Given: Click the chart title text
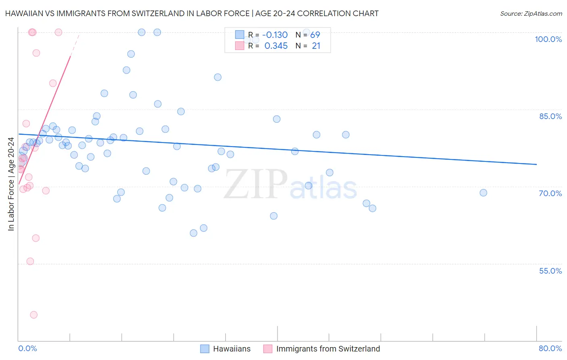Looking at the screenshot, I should [x=192, y=14].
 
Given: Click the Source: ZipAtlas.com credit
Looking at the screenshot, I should [x=531, y=14].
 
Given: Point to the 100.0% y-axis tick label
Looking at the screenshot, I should [x=548, y=39].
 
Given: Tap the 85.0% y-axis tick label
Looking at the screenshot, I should [x=550, y=116].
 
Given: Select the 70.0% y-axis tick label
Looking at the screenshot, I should [x=550, y=193].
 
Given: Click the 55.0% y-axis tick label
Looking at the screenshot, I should [x=550, y=271].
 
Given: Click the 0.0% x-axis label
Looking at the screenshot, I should [x=27, y=348].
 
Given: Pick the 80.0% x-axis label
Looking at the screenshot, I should [x=550, y=348].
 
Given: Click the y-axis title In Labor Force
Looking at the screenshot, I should [x=11, y=184].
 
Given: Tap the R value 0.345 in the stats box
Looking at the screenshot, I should [x=276, y=46].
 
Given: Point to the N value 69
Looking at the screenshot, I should [x=315, y=35].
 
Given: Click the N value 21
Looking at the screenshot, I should [x=316, y=46].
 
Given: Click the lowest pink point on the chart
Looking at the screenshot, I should [x=34, y=315].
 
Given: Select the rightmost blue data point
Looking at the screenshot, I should [x=483, y=193].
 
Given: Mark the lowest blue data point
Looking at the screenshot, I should [x=194, y=233].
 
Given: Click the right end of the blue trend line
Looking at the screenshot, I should [x=536, y=164].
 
